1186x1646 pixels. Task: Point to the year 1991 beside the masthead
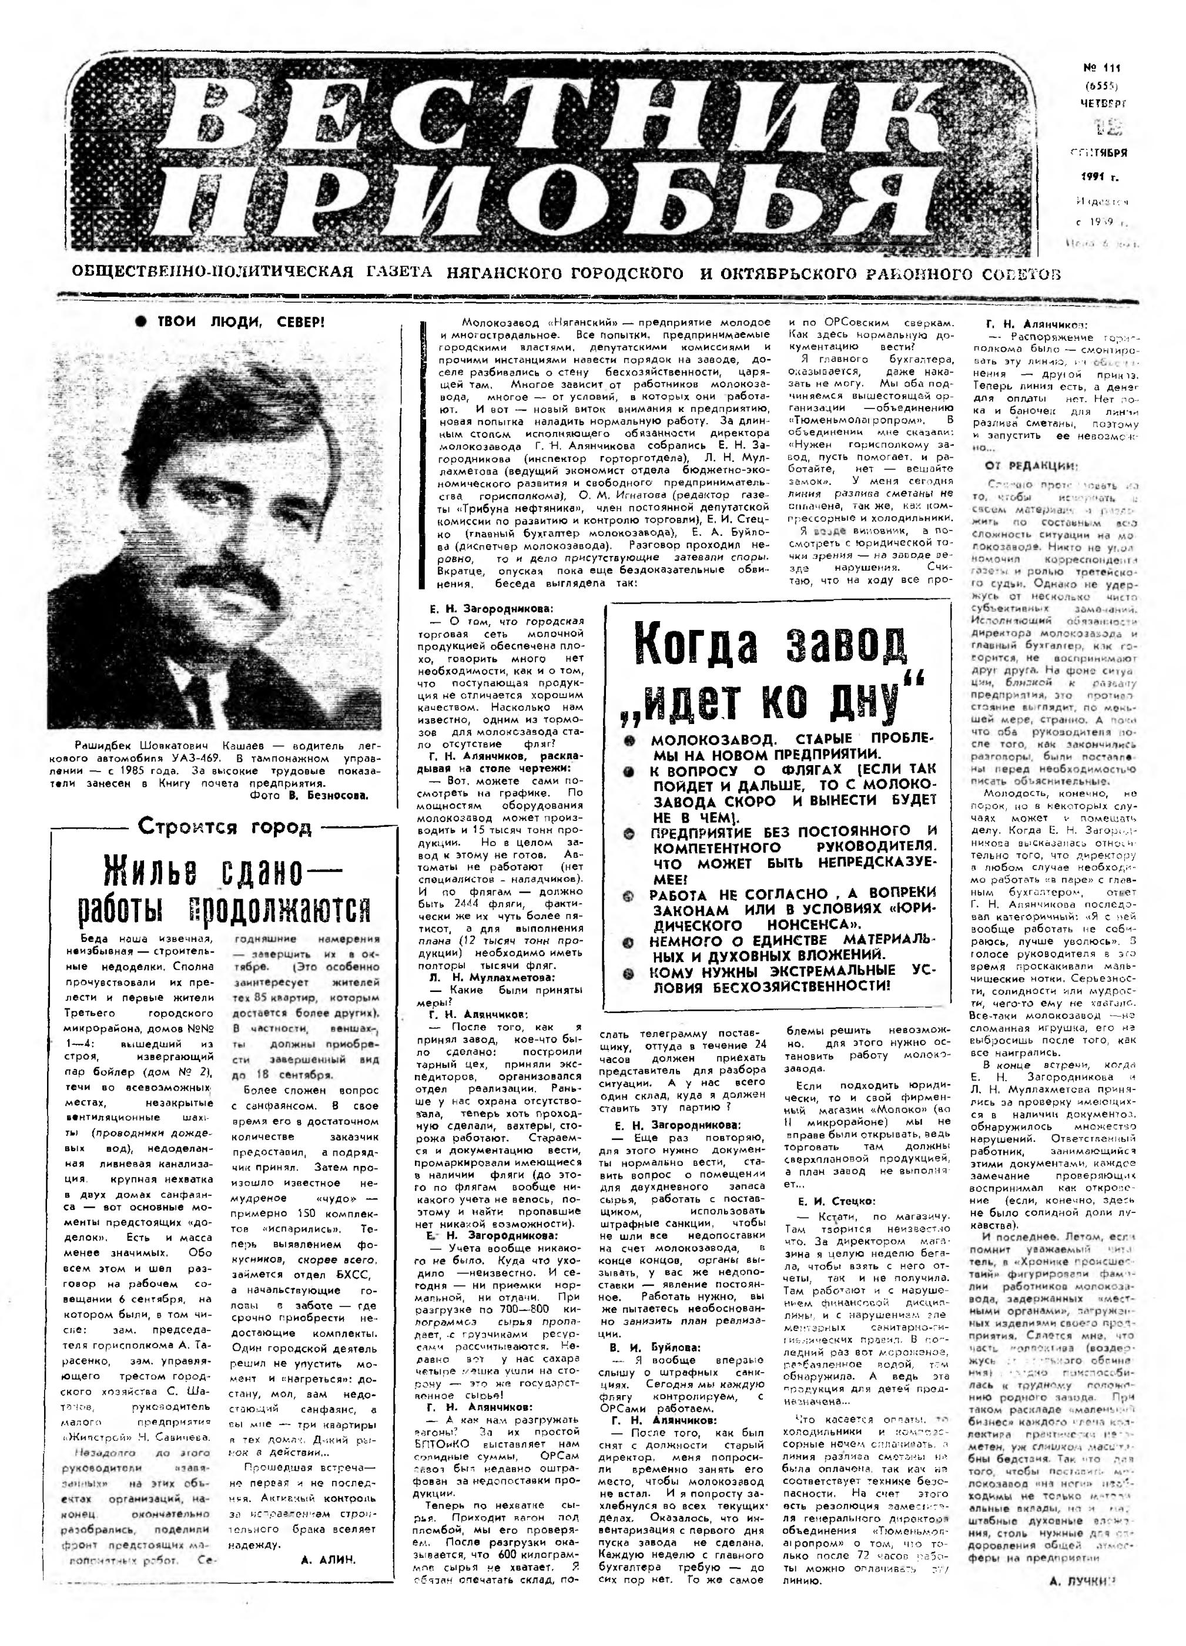tap(1099, 176)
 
